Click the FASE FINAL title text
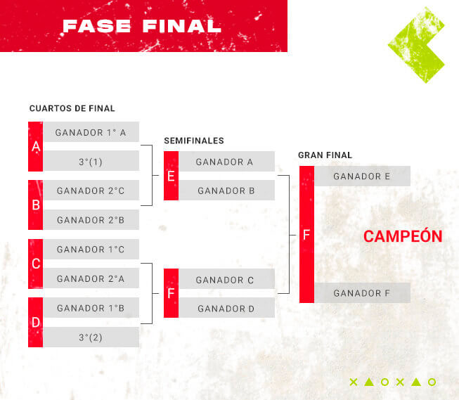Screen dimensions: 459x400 click(x=142, y=26)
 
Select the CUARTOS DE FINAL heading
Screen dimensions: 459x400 click(x=72, y=108)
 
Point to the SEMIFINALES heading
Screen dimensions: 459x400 click(x=194, y=141)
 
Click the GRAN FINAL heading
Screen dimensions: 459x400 click(x=325, y=155)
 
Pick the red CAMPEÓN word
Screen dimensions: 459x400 click(x=403, y=236)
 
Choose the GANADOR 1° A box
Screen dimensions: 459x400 click(x=91, y=132)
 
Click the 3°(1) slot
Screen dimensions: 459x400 click(x=91, y=161)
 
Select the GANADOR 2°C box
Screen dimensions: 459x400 click(x=91, y=191)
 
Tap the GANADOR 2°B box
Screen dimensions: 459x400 click(x=91, y=219)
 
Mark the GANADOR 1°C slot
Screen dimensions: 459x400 click(x=91, y=249)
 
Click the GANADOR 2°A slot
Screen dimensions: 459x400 click(x=91, y=278)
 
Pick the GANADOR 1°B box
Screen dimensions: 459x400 click(x=91, y=308)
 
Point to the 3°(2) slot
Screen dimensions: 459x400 click(x=91, y=337)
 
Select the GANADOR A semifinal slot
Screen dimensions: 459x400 click(x=227, y=162)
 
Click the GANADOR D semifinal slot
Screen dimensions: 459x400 click(x=227, y=308)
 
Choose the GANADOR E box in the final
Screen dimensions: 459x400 click(x=363, y=176)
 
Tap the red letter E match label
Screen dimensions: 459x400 click(x=172, y=176)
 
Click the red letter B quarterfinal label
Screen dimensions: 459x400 click(x=36, y=205)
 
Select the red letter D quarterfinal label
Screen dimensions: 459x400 click(x=36, y=323)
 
